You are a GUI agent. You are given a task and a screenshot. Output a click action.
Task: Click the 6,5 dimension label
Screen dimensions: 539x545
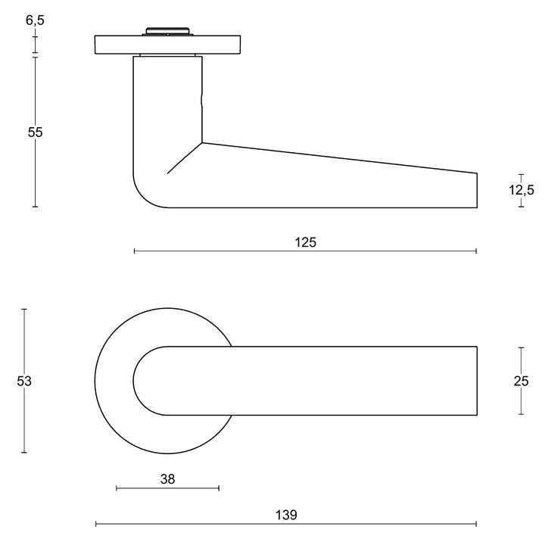[x=35, y=20]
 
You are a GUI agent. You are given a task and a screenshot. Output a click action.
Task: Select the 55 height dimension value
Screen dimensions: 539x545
[x=35, y=132]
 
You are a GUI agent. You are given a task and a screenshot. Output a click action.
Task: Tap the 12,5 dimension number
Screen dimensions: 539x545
[x=521, y=190]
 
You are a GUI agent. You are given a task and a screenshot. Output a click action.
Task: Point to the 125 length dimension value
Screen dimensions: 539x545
[x=305, y=242]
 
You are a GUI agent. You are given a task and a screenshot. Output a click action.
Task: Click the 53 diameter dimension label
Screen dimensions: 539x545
[x=24, y=381]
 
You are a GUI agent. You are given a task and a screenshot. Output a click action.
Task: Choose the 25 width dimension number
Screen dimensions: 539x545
[x=521, y=381]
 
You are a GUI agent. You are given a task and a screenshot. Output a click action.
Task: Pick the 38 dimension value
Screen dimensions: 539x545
[x=167, y=478]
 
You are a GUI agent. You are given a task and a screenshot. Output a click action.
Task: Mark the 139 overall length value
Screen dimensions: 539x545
[x=286, y=515]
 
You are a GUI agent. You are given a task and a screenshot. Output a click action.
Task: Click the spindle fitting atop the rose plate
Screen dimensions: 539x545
[x=167, y=32]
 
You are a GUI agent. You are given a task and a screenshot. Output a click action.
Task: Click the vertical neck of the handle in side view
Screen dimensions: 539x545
[x=167, y=98]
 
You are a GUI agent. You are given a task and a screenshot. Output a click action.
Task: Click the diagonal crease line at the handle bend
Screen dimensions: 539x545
[x=184, y=158]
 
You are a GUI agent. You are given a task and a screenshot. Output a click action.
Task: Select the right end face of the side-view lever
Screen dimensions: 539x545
[x=477, y=190]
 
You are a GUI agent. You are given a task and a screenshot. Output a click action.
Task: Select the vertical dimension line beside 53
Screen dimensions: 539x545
[x=24, y=341]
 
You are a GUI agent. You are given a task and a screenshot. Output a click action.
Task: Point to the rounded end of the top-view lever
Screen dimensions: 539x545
[x=136, y=381]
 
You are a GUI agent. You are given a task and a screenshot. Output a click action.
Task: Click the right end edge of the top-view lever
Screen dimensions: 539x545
[x=477, y=381]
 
